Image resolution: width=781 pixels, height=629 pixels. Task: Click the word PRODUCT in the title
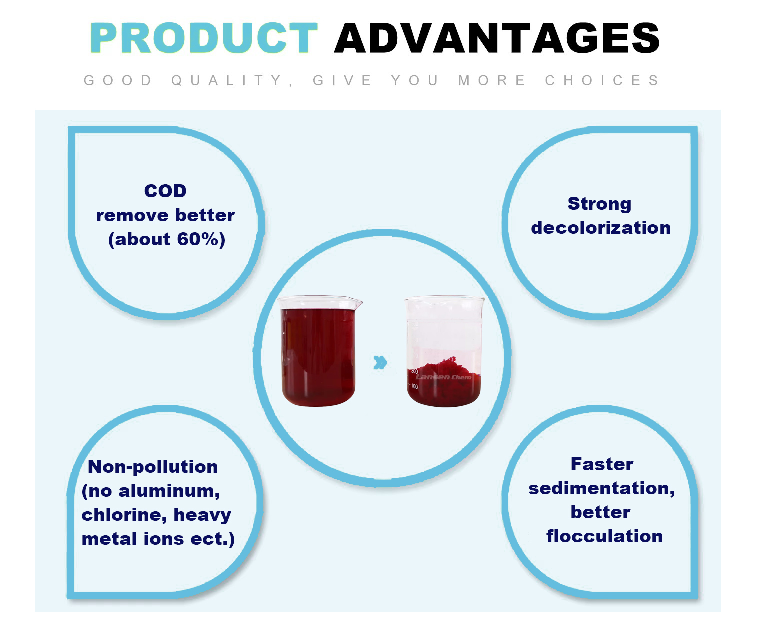click(x=204, y=38)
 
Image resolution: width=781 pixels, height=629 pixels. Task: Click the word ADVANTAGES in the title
click(x=497, y=38)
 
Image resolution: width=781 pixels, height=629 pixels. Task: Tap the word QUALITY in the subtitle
click(x=227, y=80)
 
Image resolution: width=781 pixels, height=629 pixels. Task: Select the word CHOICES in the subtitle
click(x=601, y=80)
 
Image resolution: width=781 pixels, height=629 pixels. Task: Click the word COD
click(x=165, y=191)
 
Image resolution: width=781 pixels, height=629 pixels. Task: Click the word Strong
click(x=600, y=203)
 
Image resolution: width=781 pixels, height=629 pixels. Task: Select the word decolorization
click(x=601, y=228)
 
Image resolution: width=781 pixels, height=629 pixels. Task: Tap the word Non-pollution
click(x=153, y=467)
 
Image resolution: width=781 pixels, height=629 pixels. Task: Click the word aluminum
click(x=169, y=491)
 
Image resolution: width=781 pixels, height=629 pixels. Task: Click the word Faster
click(x=602, y=464)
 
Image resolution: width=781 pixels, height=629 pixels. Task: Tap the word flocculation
click(x=604, y=536)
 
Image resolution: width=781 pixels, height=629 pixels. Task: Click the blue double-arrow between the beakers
click(x=380, y=362)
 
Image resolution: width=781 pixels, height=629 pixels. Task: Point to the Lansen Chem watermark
click(x=444, y=377)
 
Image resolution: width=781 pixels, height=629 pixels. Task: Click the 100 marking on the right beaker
click(x=414, y=387)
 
